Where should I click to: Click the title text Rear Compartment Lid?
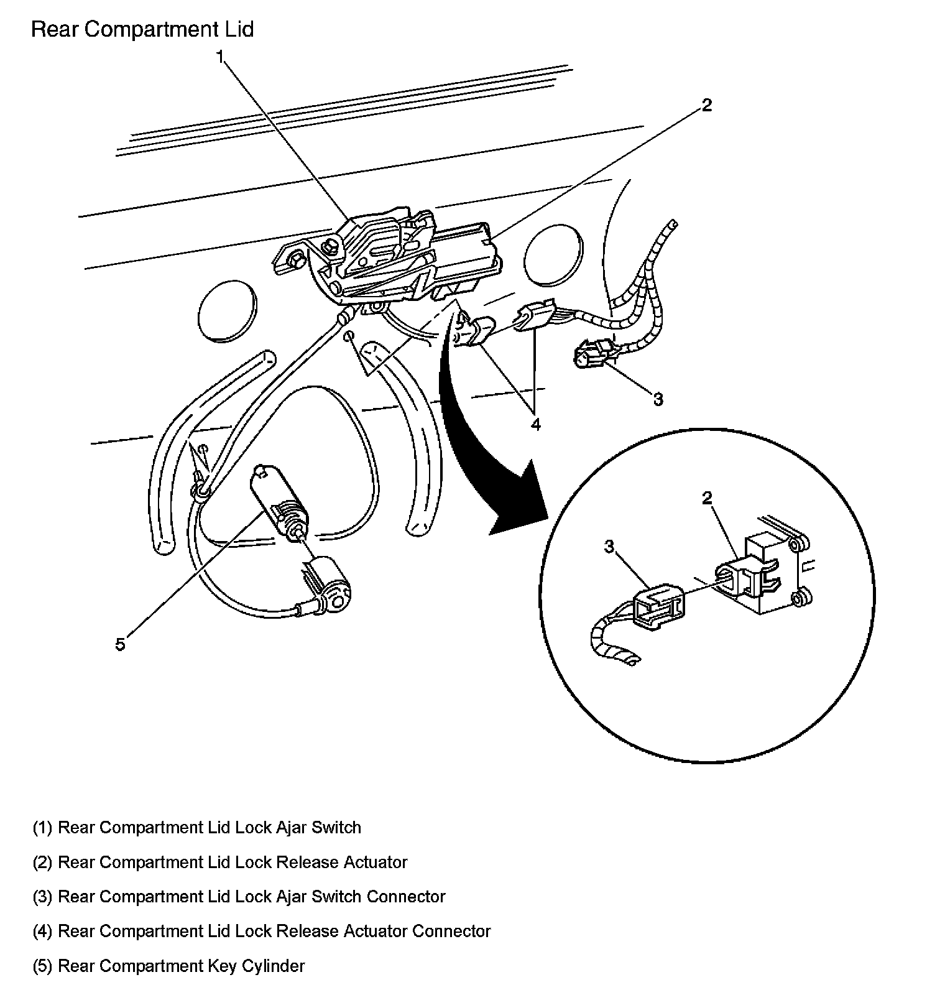tap(142, 30)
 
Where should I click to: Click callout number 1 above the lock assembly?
tap(219, 57)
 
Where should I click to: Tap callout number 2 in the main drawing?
tap(706, 105)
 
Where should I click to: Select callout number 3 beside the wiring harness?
tap(658, 399)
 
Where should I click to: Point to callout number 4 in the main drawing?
tap(535, 425)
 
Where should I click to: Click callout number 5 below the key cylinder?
tap(120, 644)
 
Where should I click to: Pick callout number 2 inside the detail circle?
tap(707, 498)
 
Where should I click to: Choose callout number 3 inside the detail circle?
tap(609, 546)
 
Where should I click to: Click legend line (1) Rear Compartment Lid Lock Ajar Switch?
tap(197, 828)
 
